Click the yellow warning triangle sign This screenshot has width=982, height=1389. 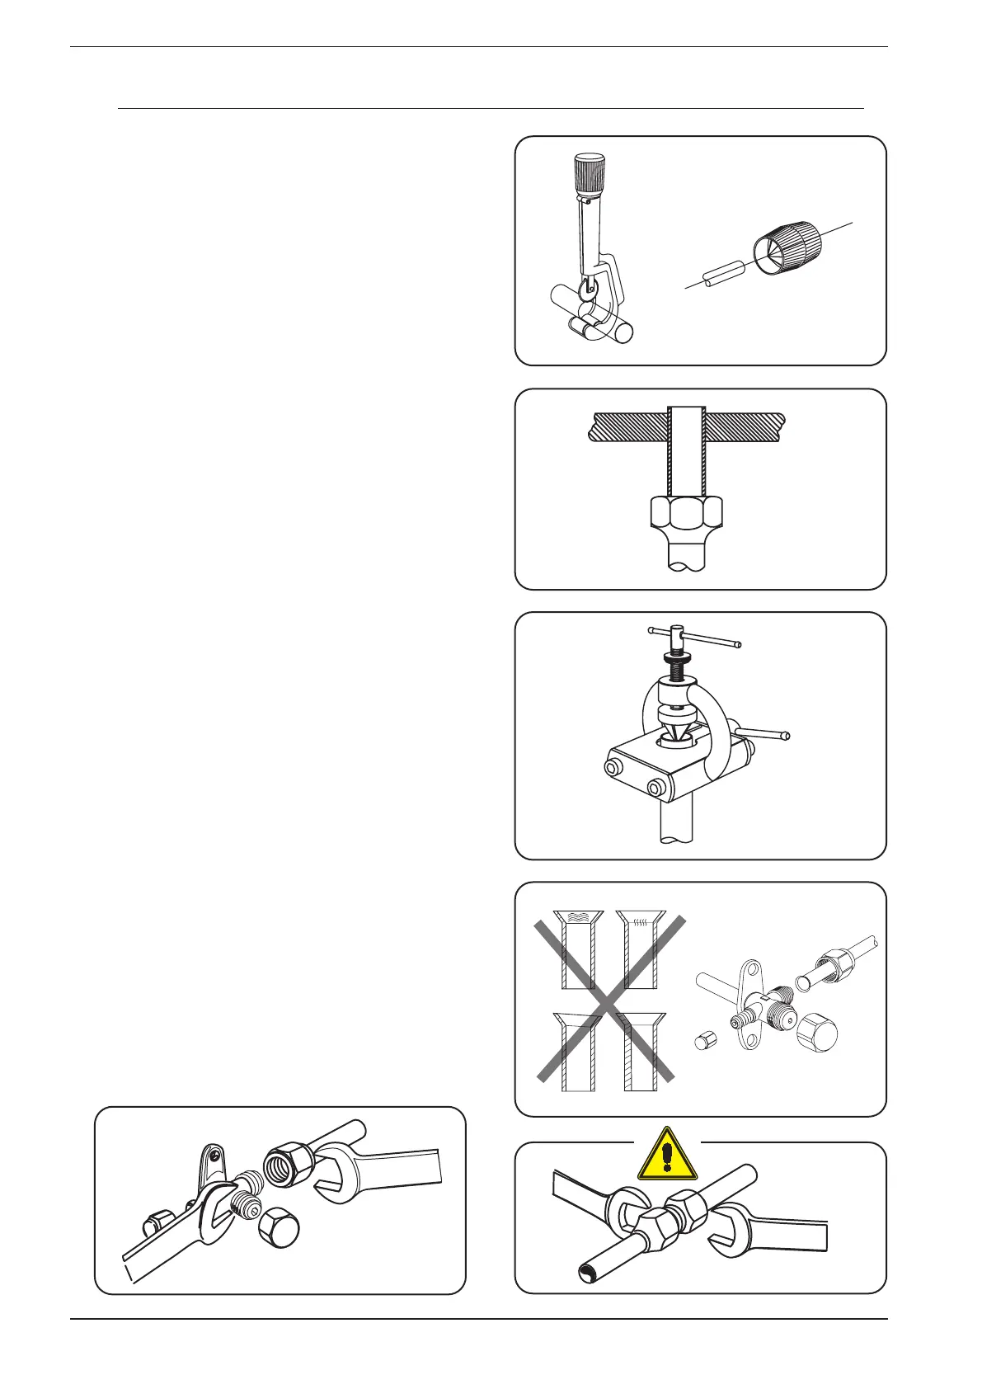667,1156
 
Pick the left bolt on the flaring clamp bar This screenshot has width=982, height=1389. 613,767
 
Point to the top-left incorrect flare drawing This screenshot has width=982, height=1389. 577,949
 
